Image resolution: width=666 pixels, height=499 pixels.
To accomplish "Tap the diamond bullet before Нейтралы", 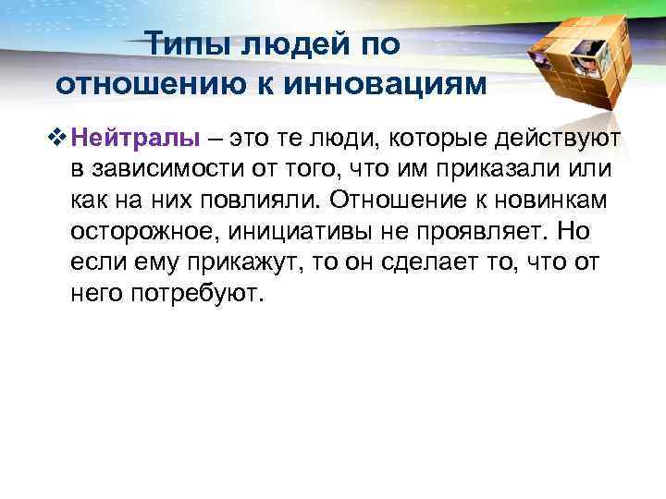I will (61, 140).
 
